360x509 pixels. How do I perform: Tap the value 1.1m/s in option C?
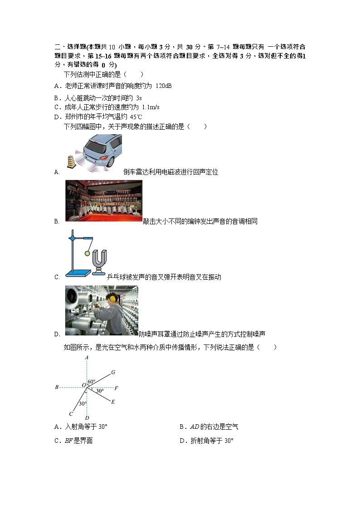click(151, 107)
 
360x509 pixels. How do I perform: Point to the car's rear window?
click(97, 145)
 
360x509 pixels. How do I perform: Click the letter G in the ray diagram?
click(113, 372)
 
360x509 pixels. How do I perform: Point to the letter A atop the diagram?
click(86, 358)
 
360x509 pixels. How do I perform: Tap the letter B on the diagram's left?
click(57, 387)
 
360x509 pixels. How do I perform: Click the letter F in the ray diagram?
click(116, 388)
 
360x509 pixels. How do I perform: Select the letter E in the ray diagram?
click(113, 402)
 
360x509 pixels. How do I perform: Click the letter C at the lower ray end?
click(71, 414)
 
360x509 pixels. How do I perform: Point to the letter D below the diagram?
click(87, 417)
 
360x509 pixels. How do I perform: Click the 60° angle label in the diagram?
click(91, 382)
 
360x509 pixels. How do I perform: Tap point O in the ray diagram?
click(84, 385)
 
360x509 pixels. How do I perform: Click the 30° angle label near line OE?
click(99, 390)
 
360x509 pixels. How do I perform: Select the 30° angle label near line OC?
click(83, 403)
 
